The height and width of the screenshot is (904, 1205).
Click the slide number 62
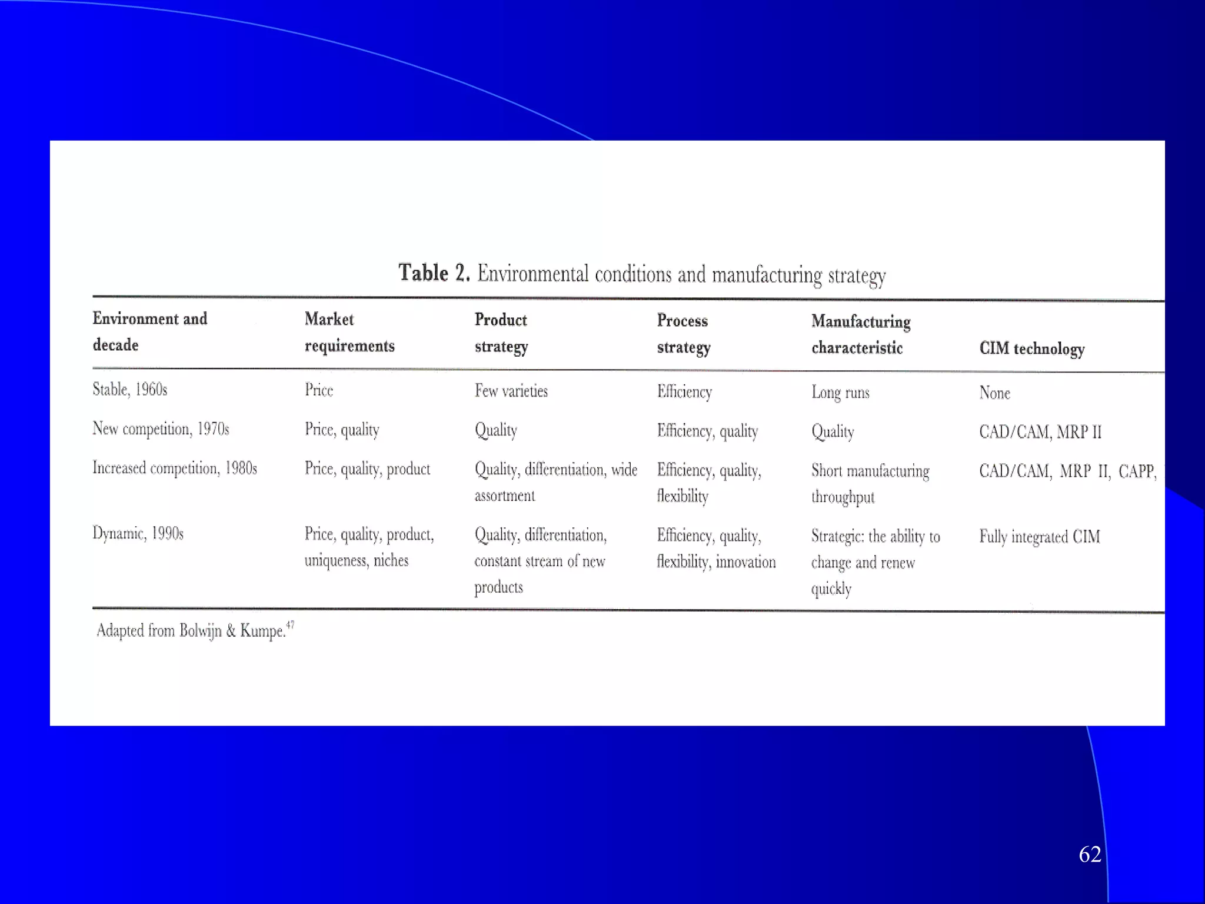tap(1090, 854)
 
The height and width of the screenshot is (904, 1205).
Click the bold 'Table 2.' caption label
tap(434, 272)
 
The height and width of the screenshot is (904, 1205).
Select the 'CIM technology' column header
tap(1031, 348)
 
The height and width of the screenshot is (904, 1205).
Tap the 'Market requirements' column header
tap(349, 333)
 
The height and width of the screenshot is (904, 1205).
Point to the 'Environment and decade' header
tap(149, 331)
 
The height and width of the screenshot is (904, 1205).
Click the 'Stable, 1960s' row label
tap(130, 389)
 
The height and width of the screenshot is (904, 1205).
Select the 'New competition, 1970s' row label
tap(161, 428)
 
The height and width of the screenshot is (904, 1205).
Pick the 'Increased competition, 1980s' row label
tap(175, 468)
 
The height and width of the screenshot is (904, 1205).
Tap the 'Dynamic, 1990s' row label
tap(138, 533)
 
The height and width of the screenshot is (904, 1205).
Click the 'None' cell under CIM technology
tap(994, 393)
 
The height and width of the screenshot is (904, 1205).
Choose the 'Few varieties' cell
tap(511, 391)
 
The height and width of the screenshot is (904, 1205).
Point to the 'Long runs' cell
tap(840, 392)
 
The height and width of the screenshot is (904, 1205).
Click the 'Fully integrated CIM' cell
tap(1039, 537)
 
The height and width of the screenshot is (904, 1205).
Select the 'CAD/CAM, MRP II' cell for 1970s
tap(1040, 432)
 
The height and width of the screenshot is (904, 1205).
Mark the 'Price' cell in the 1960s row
tap(319, 390)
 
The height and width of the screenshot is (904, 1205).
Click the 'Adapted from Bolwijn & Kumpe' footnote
tap(194, 630)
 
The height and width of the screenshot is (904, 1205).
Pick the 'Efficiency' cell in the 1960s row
tap(684, 391)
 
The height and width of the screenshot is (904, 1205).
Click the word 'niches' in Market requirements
tap(391, 560)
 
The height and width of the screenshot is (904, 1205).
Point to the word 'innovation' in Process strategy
tap(745, 562)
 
